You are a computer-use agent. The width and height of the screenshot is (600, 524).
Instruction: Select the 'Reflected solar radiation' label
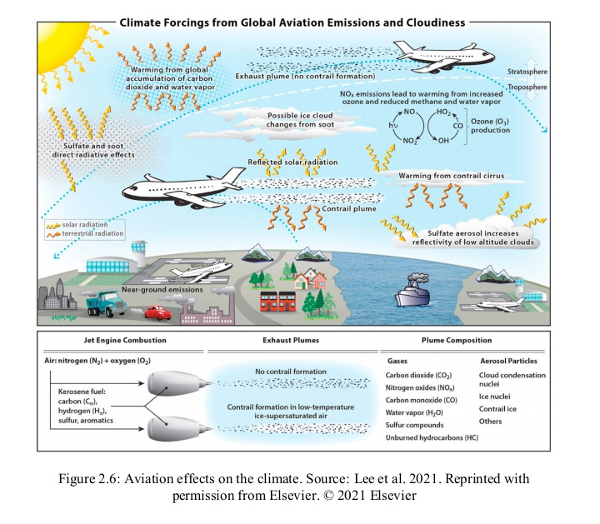point(293,162)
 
